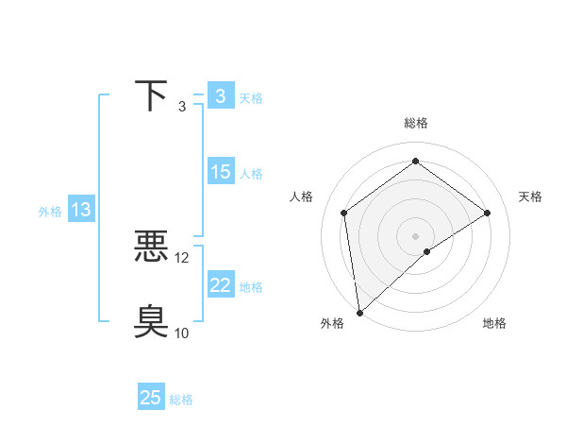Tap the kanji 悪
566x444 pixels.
[152, 248]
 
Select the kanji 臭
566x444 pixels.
[152, 321]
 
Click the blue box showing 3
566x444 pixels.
[220, 95]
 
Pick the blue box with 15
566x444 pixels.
[220, 172]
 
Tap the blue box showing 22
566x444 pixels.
[220, 285]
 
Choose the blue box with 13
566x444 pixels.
[81, 210]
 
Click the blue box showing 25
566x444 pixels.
[151, 398]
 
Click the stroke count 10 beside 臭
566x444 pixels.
[182, 333]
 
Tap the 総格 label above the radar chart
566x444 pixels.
[415, 123]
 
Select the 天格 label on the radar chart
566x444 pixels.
[530, 196]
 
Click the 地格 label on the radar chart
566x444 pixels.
[494, 323]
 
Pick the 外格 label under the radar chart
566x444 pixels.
[332, 323]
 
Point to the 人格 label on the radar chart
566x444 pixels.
[302, 196]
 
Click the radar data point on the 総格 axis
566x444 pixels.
[415, 162]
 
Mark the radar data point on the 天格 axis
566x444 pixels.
[488, 213]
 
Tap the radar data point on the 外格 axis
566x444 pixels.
[359, 313]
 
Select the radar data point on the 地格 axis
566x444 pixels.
[427, 251]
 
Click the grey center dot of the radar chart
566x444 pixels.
[415, 235]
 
